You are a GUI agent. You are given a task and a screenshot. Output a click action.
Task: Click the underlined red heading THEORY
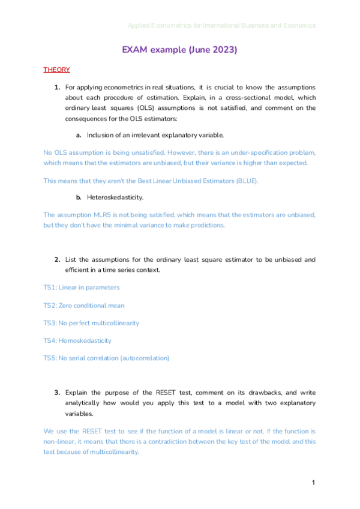(x=56, y=70)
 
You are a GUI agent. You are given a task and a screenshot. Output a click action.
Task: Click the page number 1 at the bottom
(x=313, y=483)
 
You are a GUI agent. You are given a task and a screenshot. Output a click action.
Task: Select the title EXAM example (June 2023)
(x=179, y=50)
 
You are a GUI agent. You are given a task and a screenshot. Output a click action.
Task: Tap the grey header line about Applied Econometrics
(x=221, y=26)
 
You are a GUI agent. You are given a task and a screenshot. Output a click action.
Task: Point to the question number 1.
(x=57, y=88)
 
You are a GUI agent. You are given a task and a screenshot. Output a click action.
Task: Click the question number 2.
(x=57, y=260)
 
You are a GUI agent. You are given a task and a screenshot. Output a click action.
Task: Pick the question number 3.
(x=57, y=393)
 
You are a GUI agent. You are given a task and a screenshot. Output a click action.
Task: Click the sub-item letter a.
(x=79, y=135)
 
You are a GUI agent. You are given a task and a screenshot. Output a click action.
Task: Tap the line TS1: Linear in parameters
(x=81, y=288)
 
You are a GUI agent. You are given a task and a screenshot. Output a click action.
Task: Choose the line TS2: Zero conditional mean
(x=84, y=306)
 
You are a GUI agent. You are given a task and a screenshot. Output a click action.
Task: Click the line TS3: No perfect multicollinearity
(x=91, y=323)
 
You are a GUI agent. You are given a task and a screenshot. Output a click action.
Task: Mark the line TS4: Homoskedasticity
(x=77, y=340)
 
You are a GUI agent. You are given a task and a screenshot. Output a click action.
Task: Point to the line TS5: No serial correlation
(x=106, y=358)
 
